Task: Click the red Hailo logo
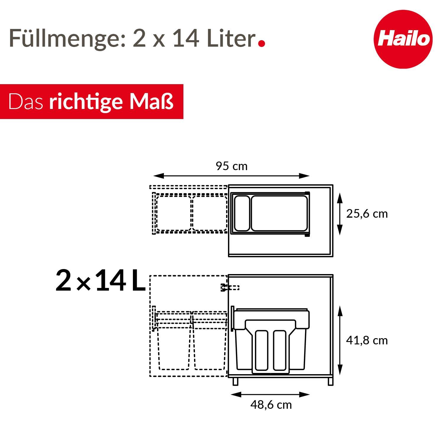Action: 403,39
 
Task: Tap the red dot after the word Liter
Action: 261,43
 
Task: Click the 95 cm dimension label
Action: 232,166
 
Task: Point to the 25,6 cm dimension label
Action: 367,214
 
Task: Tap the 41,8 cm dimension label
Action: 367,341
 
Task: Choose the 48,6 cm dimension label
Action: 271,405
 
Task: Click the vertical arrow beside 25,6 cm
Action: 340,214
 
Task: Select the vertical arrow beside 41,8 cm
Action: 340,341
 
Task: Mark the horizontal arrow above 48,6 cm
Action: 270,395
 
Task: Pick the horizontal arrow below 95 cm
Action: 231,176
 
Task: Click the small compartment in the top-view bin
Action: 242,213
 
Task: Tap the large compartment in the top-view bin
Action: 279,213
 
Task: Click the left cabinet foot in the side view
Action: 235,381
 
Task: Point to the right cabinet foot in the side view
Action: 330,381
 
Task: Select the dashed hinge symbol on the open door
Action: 230,287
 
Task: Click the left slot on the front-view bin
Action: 261,350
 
